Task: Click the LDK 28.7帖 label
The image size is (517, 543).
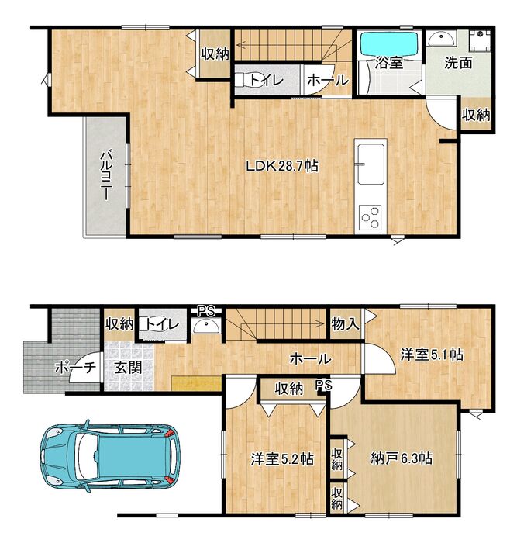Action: [x=282, y=166]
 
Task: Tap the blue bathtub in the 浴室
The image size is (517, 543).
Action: [x=389, y=43]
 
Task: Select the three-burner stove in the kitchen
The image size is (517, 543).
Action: [x=370, y=217]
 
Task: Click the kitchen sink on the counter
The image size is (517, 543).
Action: [x=371, y=164]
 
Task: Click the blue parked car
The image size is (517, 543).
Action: [x=110, y=456]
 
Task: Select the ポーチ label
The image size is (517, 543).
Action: [x=75, y=368]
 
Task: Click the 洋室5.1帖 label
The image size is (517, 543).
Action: [x=432, y=355]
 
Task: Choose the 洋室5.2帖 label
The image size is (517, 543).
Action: [x=282, y=459]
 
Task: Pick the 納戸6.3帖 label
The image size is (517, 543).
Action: [x=402, y=458]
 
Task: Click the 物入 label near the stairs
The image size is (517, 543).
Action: [x=345, y=324]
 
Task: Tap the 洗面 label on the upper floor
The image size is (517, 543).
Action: [x=458, y=63]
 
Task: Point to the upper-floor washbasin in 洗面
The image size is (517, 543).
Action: [x=441, y=38]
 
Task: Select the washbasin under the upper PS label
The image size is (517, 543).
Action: [x=206, y=326]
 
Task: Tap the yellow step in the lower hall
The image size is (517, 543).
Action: [x=196, y=384]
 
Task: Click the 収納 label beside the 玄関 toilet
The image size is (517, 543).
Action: [x=119, y=324]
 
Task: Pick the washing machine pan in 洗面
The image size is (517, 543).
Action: [x=480, y=40]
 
